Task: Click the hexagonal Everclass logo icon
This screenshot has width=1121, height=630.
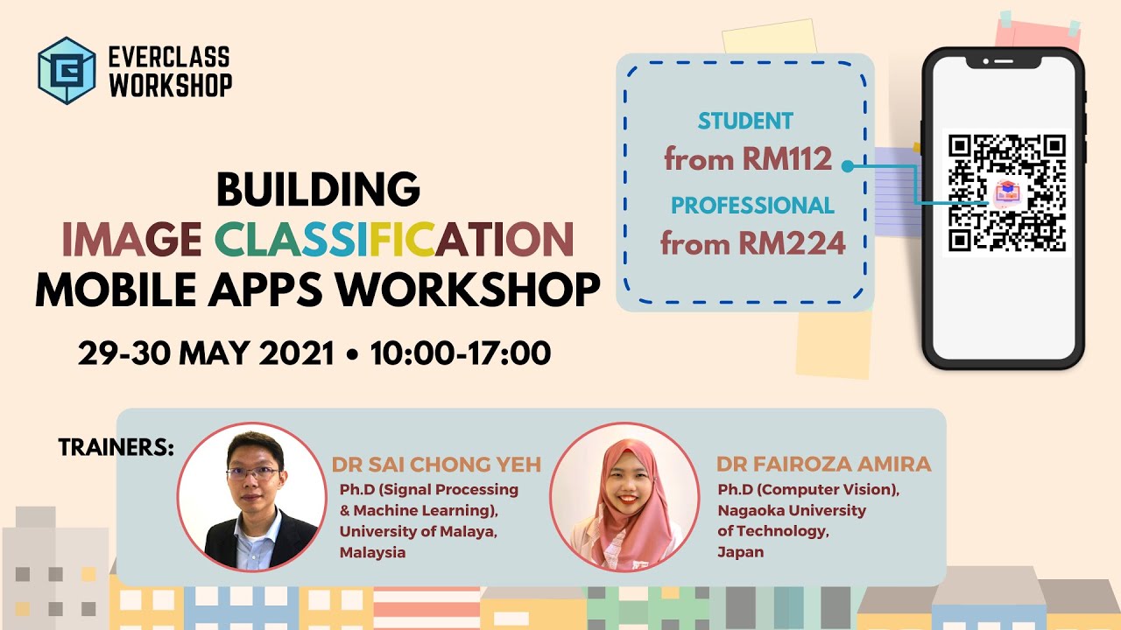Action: [67, 71]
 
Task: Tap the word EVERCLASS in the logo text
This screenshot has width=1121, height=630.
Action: [169, 59]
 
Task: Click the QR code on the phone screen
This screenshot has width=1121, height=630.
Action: [1006, 193]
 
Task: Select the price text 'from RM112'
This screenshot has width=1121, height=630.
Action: [747, 159]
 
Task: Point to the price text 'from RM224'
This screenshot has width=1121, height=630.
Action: [752, 242]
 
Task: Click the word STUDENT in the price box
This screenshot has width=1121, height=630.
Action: [745, 122]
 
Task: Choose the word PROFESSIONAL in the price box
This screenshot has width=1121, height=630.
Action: [752, 206]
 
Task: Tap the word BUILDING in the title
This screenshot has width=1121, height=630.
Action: [318, 189]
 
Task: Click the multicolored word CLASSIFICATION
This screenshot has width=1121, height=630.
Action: [395, 239]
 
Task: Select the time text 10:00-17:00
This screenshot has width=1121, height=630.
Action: [460, 353]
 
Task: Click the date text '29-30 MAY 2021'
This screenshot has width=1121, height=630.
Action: [207, 353]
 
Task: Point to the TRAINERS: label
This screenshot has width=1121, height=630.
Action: [116, 448]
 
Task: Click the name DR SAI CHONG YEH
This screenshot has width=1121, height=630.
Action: [436, 465]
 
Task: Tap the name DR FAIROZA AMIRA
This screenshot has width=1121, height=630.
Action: [823, 465]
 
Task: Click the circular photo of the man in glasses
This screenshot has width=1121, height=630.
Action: [252, 497]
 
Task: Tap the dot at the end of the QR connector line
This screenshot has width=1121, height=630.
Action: [847, 165]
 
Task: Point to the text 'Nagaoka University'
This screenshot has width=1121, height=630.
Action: [792, 510]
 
